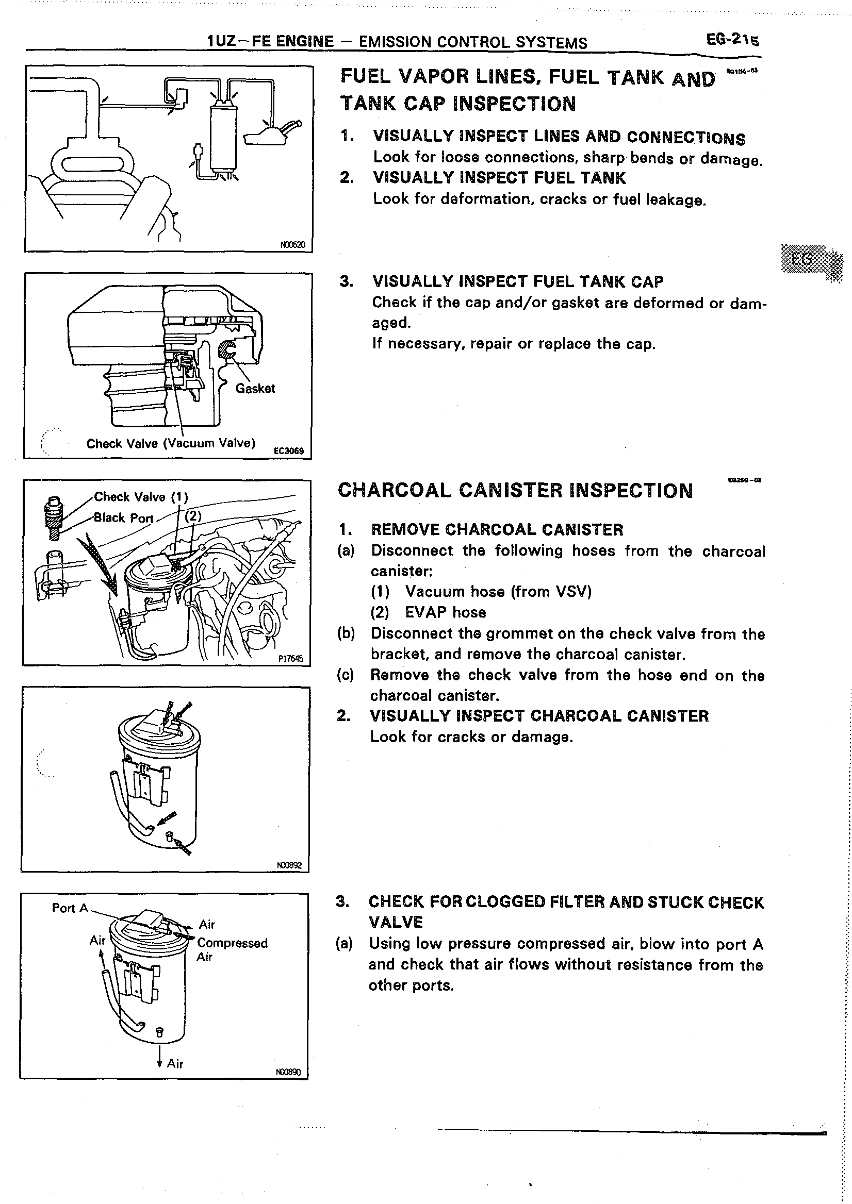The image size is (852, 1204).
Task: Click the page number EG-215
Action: tap(732, 40)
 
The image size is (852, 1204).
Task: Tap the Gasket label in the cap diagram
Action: tap(255, 389)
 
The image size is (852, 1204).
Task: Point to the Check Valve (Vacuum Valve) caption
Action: tap(171, 444)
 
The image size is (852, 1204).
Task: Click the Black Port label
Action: tap(123, 518)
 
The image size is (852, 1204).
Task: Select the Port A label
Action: tap(70, 908)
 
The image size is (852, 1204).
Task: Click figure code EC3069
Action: tap(288, 450)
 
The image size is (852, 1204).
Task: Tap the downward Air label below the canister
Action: tap(175, 1063)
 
